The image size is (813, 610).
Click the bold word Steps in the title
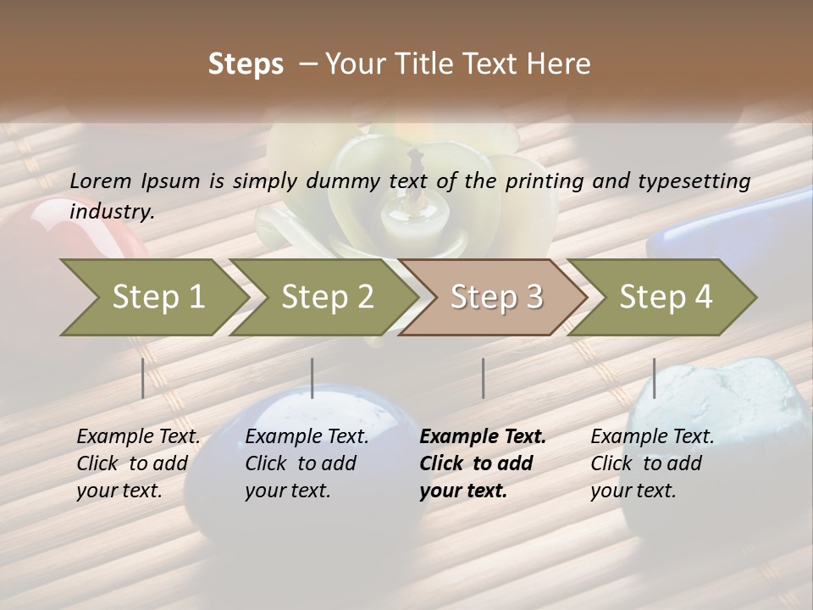246,64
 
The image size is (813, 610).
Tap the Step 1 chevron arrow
152,297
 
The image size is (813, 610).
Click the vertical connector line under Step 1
143,378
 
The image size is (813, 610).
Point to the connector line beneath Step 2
312,378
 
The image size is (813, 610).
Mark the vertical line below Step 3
483,378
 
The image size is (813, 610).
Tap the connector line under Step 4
654,378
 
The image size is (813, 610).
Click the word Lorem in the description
101,180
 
